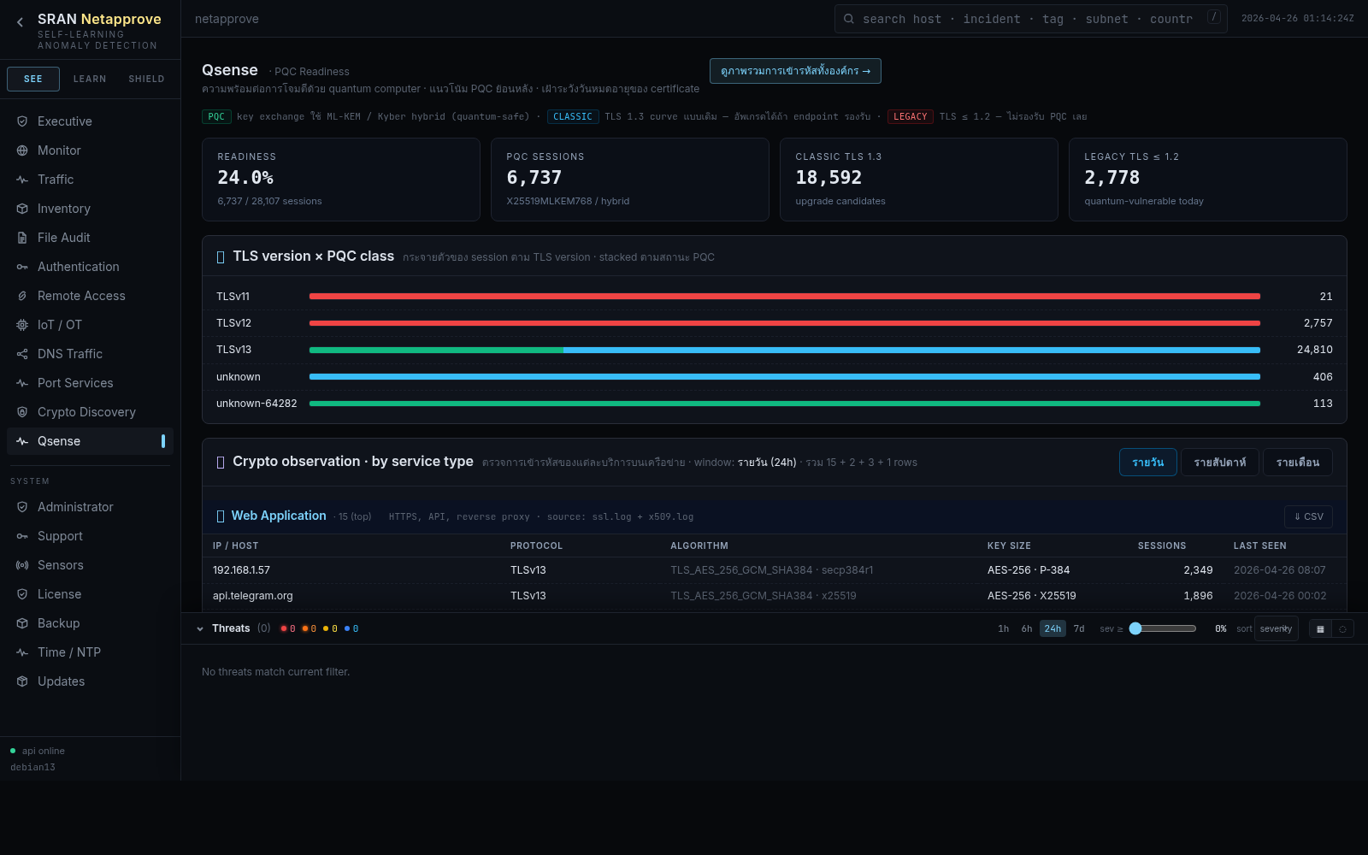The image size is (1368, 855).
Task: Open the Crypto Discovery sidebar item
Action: click(x=86, y=412)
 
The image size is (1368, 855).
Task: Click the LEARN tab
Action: click(x=90, y=79)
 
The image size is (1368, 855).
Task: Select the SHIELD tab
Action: click(x=146, y=79)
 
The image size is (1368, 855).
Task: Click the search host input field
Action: click(x=1026, y=19)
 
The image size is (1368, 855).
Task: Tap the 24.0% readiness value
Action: click(x=245, y=178)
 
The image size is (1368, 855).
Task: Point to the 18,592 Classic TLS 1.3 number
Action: click(x=828, y=178)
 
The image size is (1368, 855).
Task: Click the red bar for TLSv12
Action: click(x=784, y=323)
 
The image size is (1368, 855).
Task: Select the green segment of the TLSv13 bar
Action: click(x=436, y=350)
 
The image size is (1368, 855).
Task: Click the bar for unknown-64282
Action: click(x=784, y=404)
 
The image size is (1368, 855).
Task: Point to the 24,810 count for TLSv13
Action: click(x=1314, y=350)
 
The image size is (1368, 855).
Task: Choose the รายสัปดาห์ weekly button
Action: click(x=1219, y=463)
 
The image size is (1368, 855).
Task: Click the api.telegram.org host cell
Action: click(x=253, y=596)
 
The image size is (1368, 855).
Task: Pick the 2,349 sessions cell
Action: click(x=1198, y=570)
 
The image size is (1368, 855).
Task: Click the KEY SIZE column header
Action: click(x=1009, y=545)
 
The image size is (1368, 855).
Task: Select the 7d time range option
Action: click(x=1079, y=628)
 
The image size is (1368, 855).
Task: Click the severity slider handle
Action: click(x=1135, y=628)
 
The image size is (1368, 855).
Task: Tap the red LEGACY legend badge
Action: click(x=910, y=116)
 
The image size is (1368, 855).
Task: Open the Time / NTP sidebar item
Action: click(x=68, y=652)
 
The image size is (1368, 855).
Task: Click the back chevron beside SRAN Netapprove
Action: click(x=20, y=22)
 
